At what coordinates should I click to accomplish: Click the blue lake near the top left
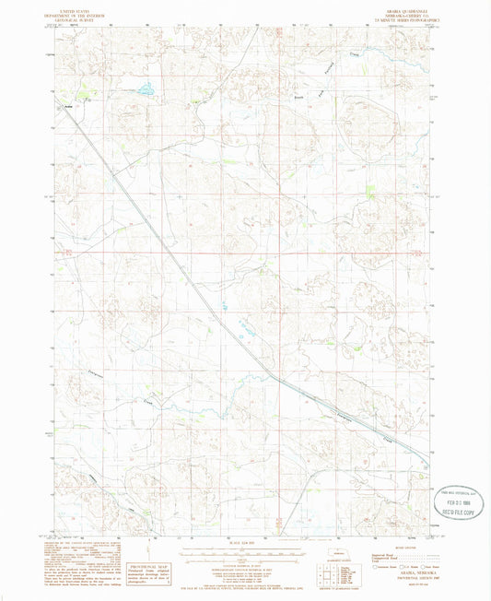coord(146,90)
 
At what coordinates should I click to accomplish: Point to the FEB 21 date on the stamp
coord(450,489)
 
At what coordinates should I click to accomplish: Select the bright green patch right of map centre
coord(368,193)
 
